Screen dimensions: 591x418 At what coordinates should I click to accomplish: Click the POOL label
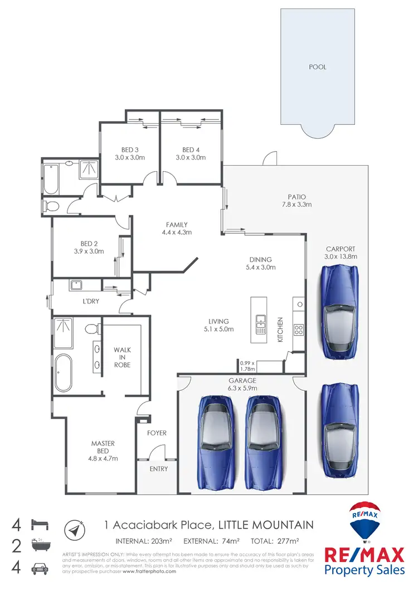click(x=317, y=66)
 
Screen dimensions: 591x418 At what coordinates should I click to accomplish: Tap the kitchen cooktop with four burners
click(x=298, y=330)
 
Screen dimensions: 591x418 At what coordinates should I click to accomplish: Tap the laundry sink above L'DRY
click(x=76, y=285)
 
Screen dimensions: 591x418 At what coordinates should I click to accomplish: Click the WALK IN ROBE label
click(x=123, y=357)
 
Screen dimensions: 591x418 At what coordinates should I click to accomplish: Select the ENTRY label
click(x=158, y=469)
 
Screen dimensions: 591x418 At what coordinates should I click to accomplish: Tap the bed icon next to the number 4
click(x=41, y=525)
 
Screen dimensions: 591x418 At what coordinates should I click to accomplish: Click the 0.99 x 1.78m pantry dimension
click(x=247, y=365)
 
